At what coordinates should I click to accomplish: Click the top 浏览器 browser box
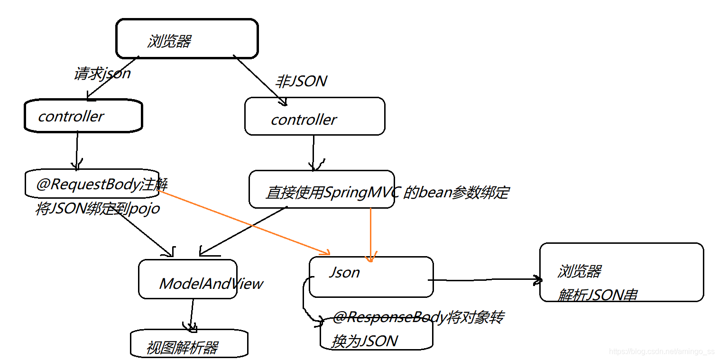point(187,39)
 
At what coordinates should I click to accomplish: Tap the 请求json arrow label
point(102,74)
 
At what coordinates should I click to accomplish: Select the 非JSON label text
point(301,82)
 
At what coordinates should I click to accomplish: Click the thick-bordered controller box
point(83,116)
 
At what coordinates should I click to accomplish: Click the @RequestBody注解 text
point(101,185)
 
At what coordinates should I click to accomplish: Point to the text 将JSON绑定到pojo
point(98,209)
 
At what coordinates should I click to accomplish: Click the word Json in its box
point(344,272)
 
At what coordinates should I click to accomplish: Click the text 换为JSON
point(364,341)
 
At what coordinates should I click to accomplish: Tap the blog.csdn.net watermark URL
point(661,351)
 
